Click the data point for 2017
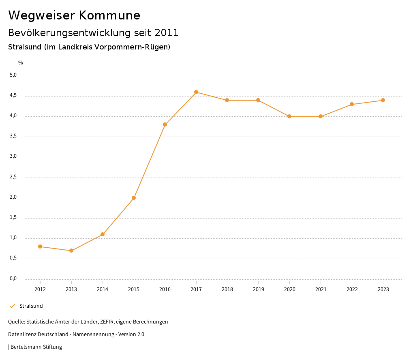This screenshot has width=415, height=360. click(196, 92)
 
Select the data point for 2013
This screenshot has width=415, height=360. click(71, 251)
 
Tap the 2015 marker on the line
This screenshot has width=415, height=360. click(134, 198)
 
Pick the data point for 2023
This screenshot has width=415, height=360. click(383, 100)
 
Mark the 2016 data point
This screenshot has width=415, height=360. click(165, 124)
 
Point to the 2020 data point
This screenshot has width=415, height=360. click(289, 116)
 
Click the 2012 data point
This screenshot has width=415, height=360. click(40, 246)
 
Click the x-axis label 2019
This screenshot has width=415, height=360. click(258, 289)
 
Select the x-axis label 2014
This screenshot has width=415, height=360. click(103, 289)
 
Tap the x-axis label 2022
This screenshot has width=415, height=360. click(352, 289)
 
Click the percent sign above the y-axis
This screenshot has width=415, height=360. click(21, 63)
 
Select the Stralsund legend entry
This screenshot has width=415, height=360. click(31, 306)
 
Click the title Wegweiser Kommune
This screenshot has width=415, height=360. click(74, 15)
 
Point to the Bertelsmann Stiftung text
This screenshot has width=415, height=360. click(36, 347)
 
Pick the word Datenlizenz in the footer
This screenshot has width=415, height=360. click(21, 334)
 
